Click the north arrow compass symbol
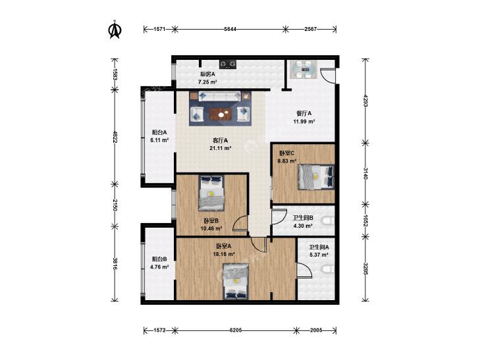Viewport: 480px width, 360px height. click(x=115, y=30)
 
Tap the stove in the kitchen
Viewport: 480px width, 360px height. click(x=228, y=64)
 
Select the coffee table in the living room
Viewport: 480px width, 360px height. click(x=221, y=114)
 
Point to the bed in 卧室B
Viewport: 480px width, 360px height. click(x=211, y=192)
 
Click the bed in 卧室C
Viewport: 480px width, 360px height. click(x=316, y=177)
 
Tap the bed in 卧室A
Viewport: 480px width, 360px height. click(x=236, y=282)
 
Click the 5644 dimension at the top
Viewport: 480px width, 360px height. click(x=230, y=29)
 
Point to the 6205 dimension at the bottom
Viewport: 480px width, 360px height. click(x=236, y=330)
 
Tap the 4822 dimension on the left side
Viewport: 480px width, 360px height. click(x=115, y=137)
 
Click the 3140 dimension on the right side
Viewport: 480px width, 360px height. click(x=365, y=173)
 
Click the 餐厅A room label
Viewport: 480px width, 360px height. click(x=304, y=113)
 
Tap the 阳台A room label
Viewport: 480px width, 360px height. click(x=159, y=132)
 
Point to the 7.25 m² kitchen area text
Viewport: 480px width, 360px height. click(x=207, y=82)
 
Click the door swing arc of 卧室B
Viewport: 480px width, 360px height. click(x=240, y=222)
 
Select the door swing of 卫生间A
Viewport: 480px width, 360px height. click(x=305, y=270)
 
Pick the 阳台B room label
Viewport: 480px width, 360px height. click(x=159, y=259)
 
